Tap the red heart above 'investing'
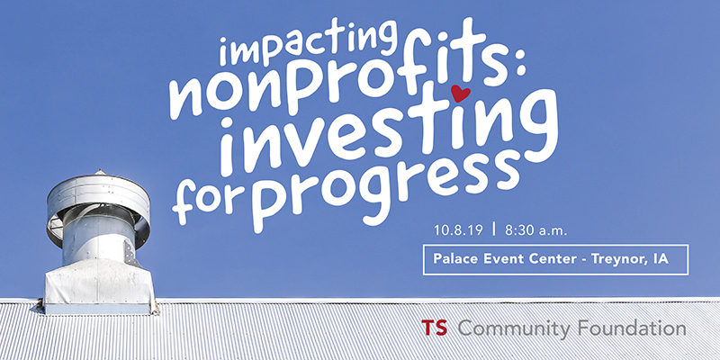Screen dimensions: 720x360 pyautogui.click(x=461, y=94)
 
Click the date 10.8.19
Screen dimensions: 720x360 pyautogui.click(x=458, y=230)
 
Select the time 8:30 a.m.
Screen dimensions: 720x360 pyautogui.click(x=535, y=230)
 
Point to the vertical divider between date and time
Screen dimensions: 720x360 pyautogui.click(x=494, y=229)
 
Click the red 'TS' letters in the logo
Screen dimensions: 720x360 pyautogui.click(x=435, y=328)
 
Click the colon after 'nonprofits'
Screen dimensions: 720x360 pyautogui.click(x=519, y=71)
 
